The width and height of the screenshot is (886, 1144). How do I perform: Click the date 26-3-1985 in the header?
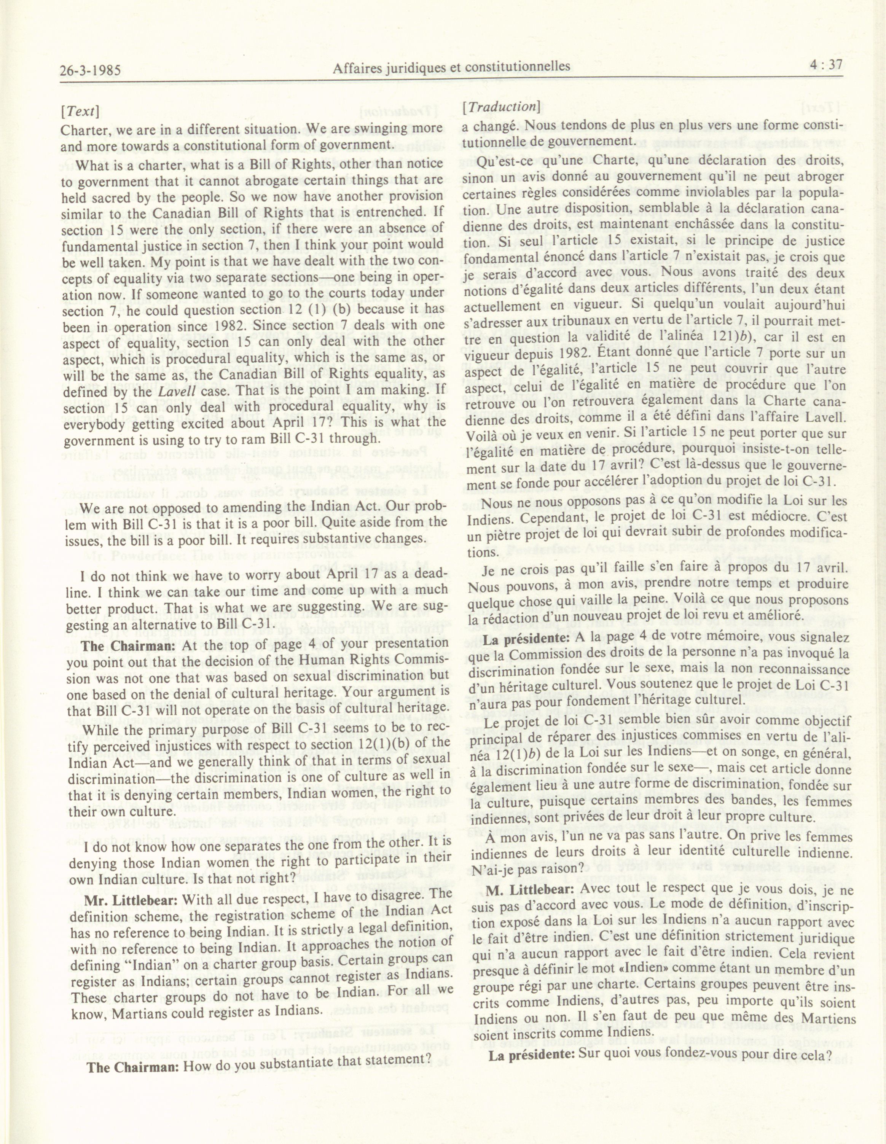91,69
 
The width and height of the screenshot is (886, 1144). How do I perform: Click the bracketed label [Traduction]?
500,107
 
